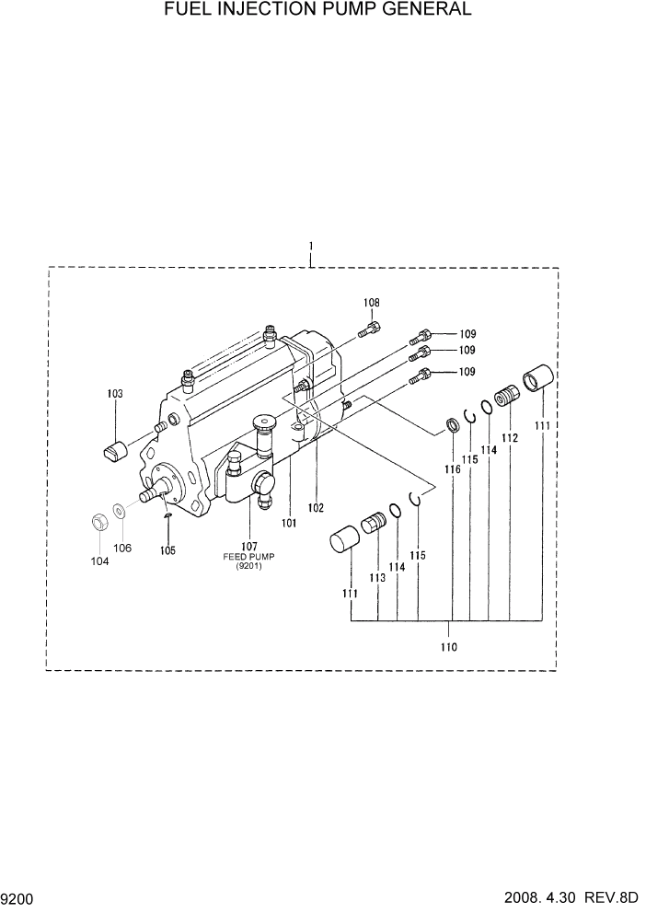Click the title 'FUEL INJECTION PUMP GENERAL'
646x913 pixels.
tap(318, 10)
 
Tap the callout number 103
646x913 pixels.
tap(115, 394)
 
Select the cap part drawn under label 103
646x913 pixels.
tap(115, 452)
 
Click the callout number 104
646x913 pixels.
tap(99, 561)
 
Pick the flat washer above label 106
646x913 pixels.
tap(121, 511)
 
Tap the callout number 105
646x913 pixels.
tap(167, 550)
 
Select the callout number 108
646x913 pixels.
tap(371, 303)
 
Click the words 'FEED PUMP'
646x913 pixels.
tap(248, 557)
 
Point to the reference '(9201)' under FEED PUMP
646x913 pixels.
tap(248, 567)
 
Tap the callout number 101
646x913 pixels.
tap(290, 523)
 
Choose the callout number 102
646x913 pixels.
tap(316, 507)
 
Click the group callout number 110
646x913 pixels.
tap(448, 647)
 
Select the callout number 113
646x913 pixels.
tap(377, 578)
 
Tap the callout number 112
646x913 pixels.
tap(510, 439)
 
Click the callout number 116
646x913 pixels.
tap(452, 469)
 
